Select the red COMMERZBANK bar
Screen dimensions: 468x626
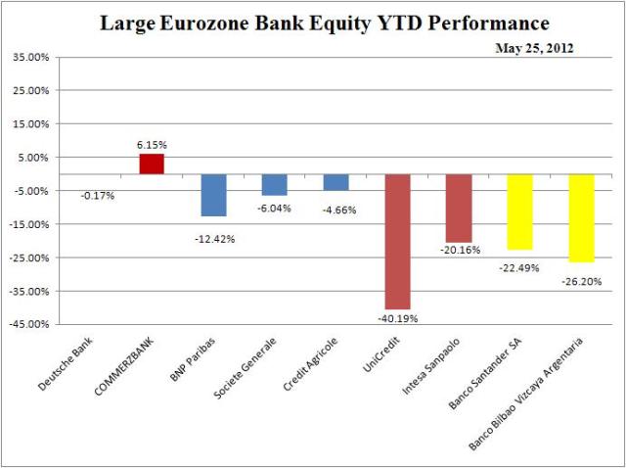(153, 164)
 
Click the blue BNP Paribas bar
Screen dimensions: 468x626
(214, 195)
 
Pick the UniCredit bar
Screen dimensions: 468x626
(397, 242)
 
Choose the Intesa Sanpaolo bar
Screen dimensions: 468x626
(459, 209)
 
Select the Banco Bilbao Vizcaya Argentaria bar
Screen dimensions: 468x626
(581, 218)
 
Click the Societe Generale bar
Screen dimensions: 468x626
(275, 185)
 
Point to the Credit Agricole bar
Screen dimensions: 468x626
(336, 182)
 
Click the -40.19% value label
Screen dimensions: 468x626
(397, 318)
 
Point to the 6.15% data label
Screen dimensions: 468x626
(153, 144)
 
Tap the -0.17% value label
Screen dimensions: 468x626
(97, 195)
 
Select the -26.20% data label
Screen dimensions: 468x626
(581, 279)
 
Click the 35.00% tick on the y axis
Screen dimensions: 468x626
(31, 58)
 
